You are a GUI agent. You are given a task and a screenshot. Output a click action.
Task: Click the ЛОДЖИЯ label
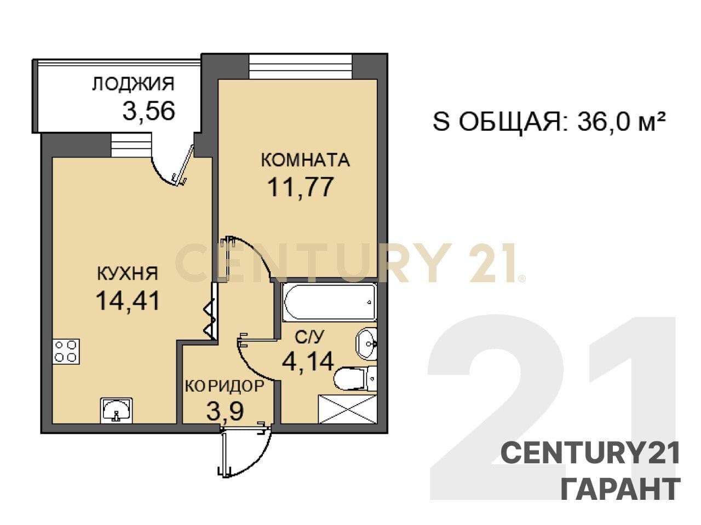[x=133, y=84]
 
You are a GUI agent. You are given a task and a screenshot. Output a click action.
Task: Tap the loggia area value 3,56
[x=149, y=110]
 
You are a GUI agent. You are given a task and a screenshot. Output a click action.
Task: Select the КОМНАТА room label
[x=305, y=160]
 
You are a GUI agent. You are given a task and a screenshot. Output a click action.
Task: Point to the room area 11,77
[x=301, y=188]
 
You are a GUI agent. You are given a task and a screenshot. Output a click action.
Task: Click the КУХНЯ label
[x=128, y=273]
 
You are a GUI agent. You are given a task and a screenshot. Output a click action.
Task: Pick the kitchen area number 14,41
[x=128, y=301]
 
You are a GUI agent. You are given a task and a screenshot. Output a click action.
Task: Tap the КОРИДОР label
[x=225, y=386]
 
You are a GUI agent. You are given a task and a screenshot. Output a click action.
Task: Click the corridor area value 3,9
[x=225, y=411]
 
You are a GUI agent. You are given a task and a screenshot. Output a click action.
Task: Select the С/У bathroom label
[x=309, y=337]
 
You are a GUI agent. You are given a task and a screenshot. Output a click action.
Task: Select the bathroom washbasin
[x=366, y=344]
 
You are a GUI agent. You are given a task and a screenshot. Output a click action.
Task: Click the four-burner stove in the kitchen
[x=66, y=351]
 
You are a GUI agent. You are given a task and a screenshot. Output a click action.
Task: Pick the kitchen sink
[x=116, y=411]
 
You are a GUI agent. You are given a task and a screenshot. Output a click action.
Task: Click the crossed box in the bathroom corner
[x=348, y=409]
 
